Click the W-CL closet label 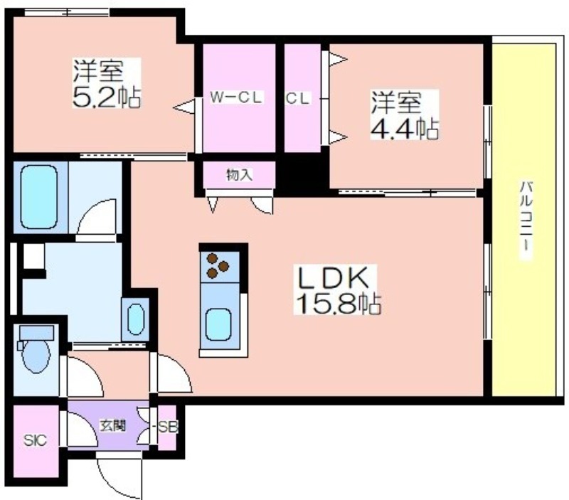coord(236,99)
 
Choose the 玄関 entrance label coord(112,426)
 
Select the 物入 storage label coord(239,174)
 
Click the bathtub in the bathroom coord(38,196)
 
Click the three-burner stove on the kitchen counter coord(218,266)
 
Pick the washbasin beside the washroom coord(136,318)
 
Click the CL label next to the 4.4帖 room coord(298,99)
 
